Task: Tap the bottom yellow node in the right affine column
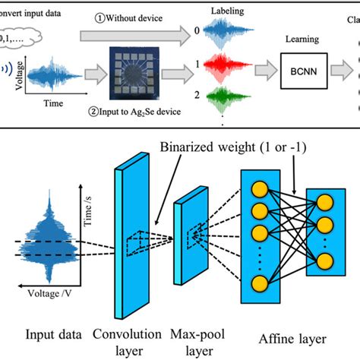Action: tap(324, 262)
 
